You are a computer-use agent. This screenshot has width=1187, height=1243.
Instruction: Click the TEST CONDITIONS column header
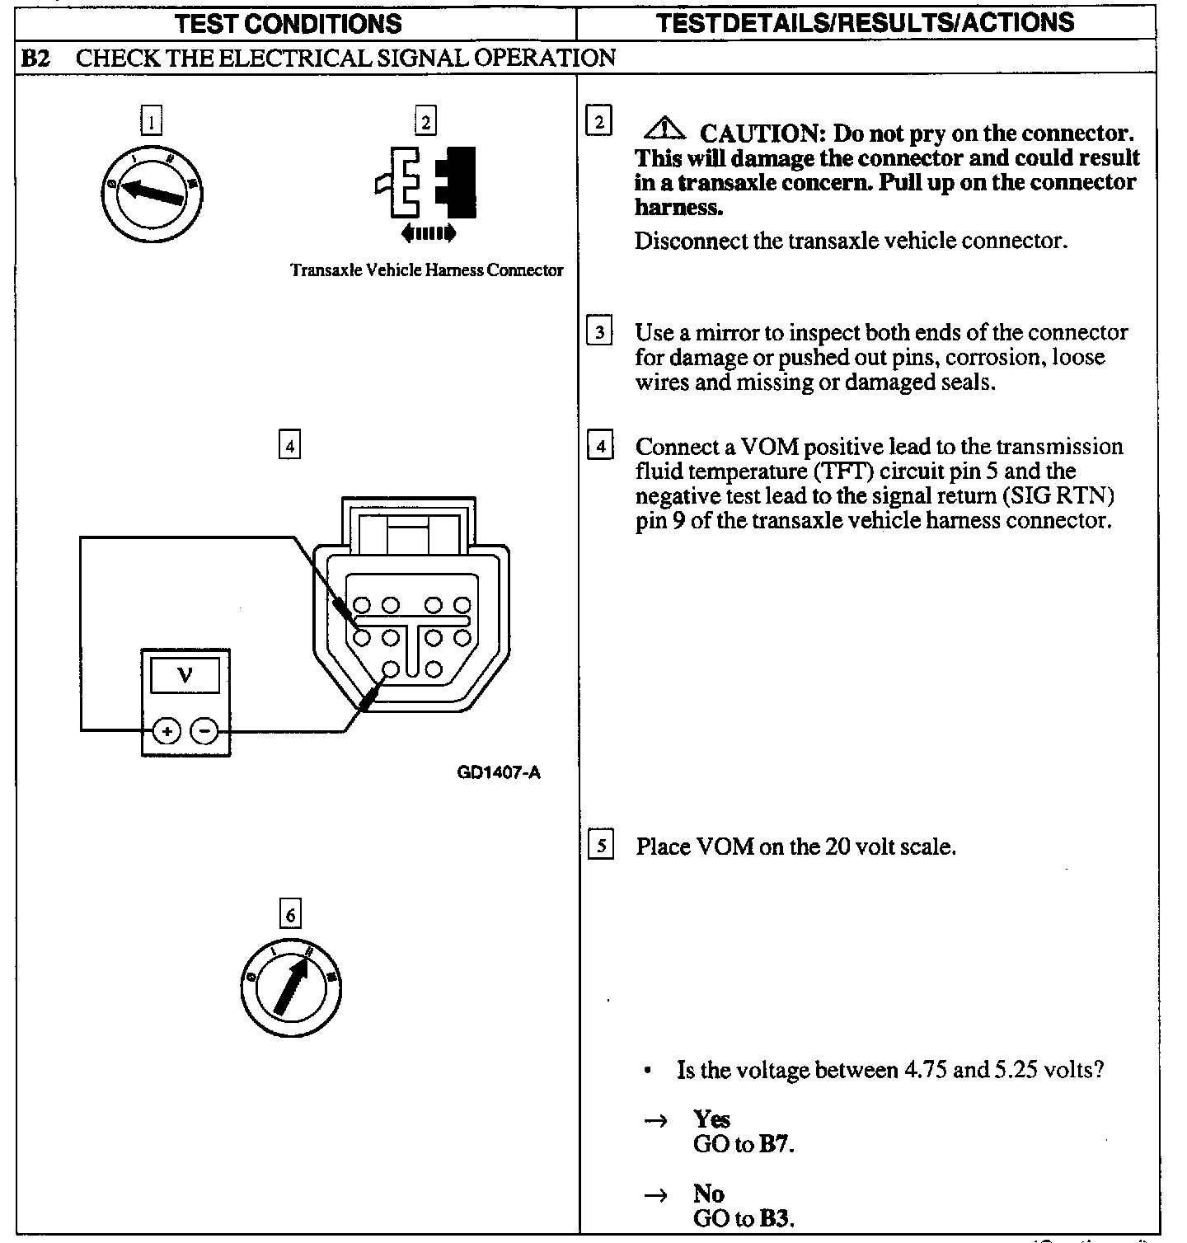pos(289,23)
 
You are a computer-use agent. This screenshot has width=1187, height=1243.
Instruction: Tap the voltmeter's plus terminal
pos(167,730)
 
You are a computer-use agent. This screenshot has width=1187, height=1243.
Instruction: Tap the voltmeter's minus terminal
pos(205,730)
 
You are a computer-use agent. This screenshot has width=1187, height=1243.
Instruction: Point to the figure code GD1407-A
pos(499,773)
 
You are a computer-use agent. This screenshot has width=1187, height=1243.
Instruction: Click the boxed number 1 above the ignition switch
pos(151,121)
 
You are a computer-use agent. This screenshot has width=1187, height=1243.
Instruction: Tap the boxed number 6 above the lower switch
pos(289,915)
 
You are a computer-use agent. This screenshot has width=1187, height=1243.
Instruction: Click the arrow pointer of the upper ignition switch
pos(152,193)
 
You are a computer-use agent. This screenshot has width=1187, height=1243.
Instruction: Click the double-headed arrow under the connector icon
pos(428,234)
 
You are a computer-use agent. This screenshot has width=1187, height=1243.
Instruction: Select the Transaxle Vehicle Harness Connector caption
pos(427,270)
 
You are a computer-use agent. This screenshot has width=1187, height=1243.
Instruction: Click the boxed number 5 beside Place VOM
pos(601,847)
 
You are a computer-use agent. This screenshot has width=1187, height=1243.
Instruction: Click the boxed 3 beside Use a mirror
pos(599,333)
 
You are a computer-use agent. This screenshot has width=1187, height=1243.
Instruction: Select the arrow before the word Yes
pos(654,1121)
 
